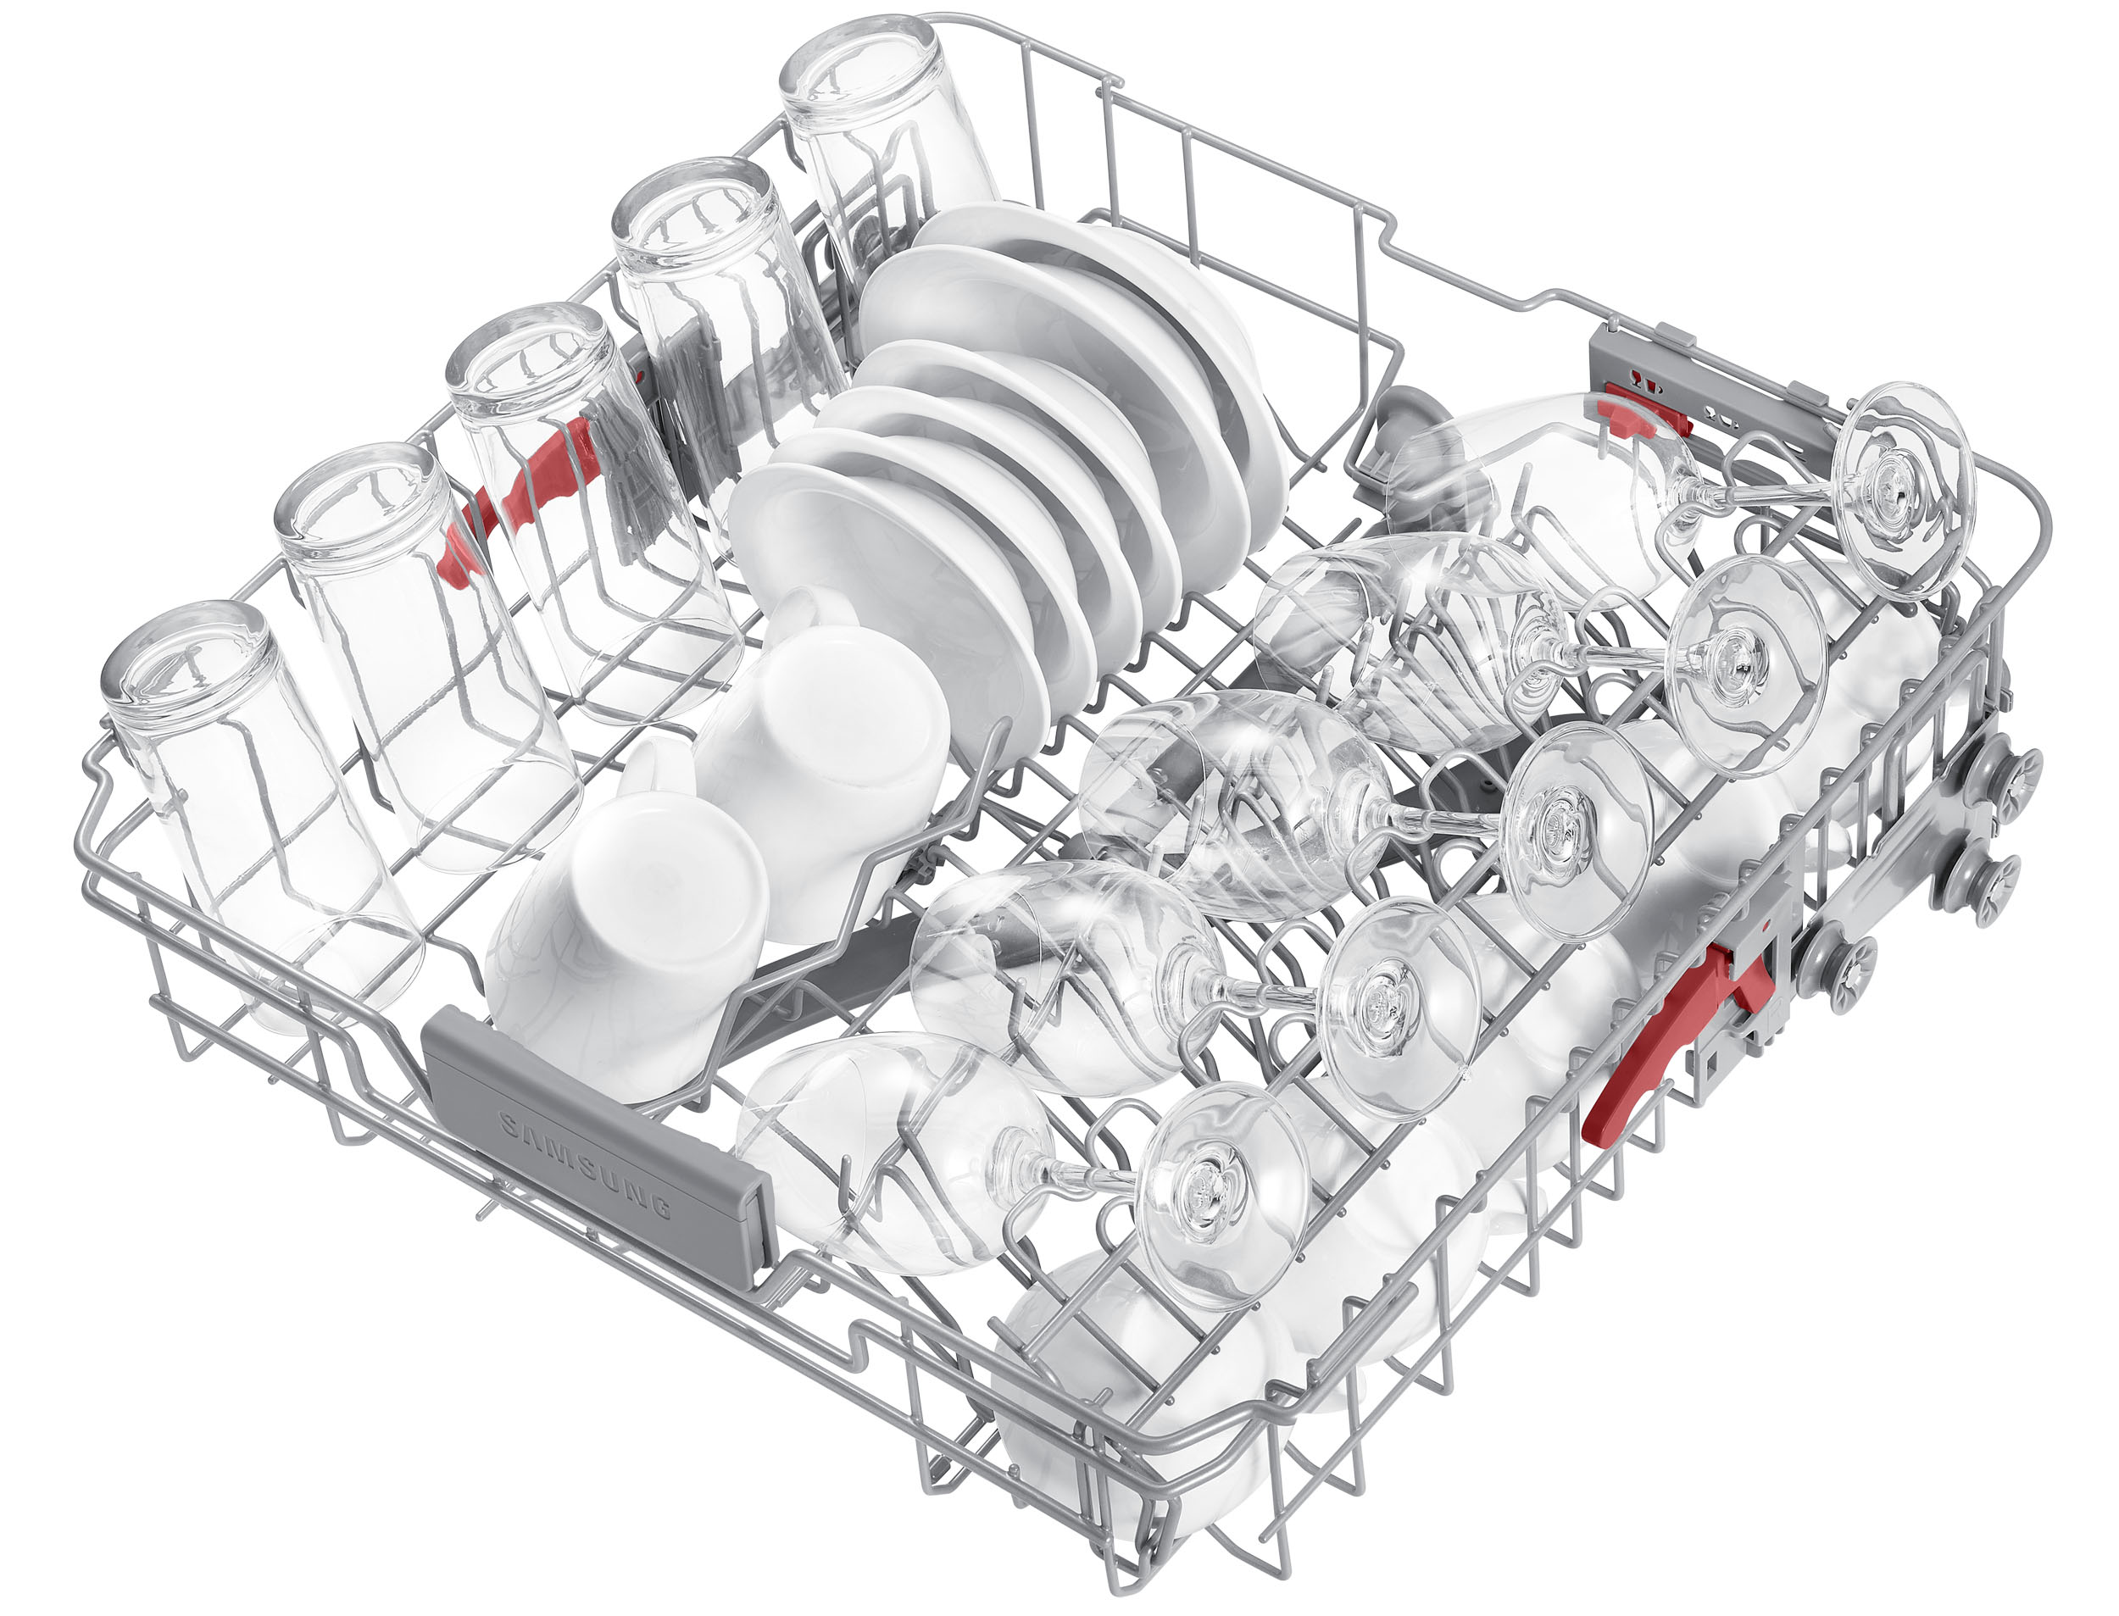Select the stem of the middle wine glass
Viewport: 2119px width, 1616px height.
point(1443,818)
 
